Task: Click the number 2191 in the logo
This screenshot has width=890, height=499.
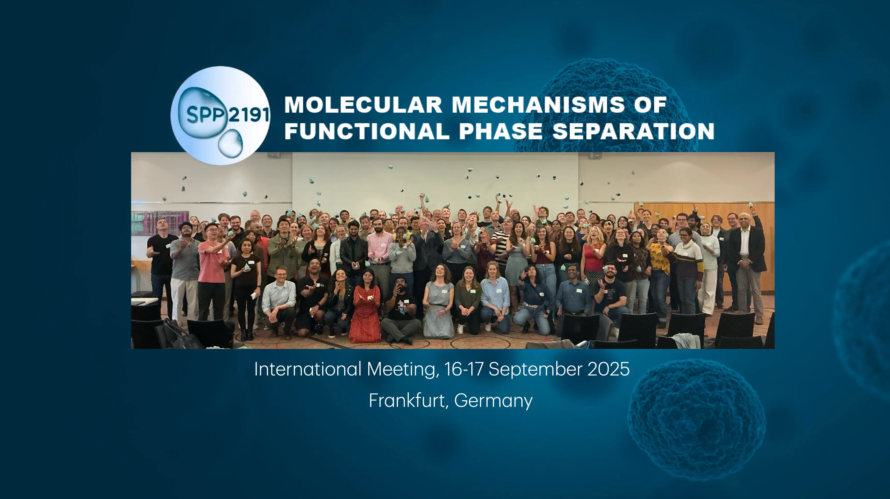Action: [249, 114]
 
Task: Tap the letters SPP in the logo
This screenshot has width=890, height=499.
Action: [206, 115]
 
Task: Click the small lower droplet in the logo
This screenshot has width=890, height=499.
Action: [230, 143]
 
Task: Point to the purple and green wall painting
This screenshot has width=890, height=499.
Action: [160, 223]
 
